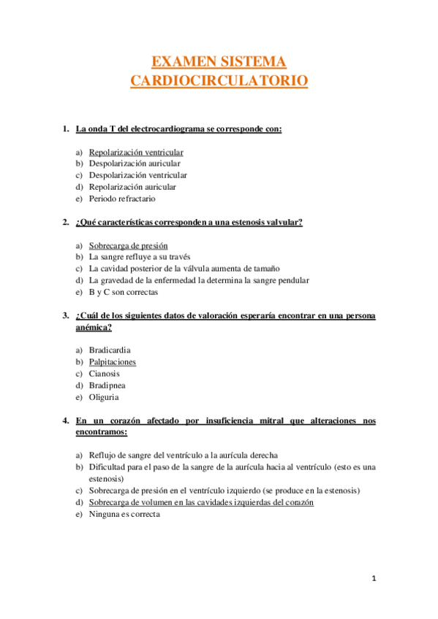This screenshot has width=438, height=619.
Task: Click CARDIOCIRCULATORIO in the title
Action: click(219, 80)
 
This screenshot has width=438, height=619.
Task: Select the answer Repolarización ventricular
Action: click(136, 153)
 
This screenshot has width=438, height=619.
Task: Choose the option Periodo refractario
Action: click(122, 199)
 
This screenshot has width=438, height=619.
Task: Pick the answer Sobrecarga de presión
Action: click(128, 246)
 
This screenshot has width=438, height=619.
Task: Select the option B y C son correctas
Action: click(123, 292)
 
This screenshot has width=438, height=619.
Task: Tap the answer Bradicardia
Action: click(110, 350)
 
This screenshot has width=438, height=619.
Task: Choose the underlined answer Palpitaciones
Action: click(113, 362)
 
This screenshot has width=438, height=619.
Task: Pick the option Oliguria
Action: click(104, 397)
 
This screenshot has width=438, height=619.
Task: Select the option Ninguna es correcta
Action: click(124, 514)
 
